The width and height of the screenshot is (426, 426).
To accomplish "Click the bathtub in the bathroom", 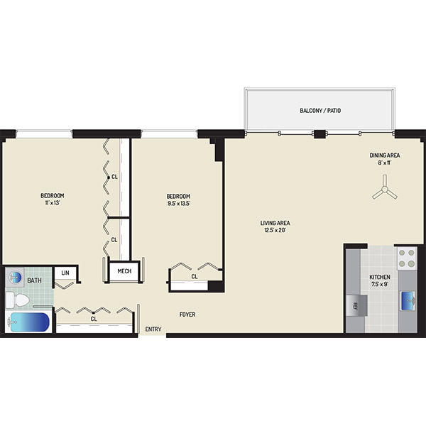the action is [x=29, y=322].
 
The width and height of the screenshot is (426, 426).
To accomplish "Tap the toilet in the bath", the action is [x=18, y=300].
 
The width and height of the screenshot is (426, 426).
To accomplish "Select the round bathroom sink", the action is [x=15, y=277].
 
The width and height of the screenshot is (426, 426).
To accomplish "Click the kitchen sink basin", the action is [x=408, y=301].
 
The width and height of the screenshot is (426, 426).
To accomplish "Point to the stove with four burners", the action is [x=406, y=258].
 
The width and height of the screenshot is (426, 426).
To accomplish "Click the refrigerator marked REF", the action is [x=356, y=305].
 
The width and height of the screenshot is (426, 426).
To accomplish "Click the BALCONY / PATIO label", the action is [x=320, y=111].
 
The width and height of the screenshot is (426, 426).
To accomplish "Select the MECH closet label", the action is [x=124, y=271].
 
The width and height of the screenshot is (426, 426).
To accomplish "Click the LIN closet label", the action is [x=65, y=273].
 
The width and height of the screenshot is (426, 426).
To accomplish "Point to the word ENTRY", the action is [x=153, y=329].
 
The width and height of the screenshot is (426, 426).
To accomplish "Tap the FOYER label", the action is [x=187, y=315].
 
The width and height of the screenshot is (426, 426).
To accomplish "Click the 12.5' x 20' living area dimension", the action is [x=275, y=230].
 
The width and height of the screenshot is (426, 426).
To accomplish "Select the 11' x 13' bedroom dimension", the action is [x=53, y=202].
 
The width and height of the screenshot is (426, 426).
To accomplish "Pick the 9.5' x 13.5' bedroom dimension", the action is [x=178, y=203].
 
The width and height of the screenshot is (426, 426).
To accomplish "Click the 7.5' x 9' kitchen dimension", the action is [x=380, y=284].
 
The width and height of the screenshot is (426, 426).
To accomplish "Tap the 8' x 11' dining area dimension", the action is [x=384, y=163].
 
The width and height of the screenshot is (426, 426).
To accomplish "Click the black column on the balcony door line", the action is [x=319, y=134].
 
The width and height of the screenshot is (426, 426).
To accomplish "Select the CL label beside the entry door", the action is [x=94, y=319].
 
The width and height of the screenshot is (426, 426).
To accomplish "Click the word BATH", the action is [x=35, y=280].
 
